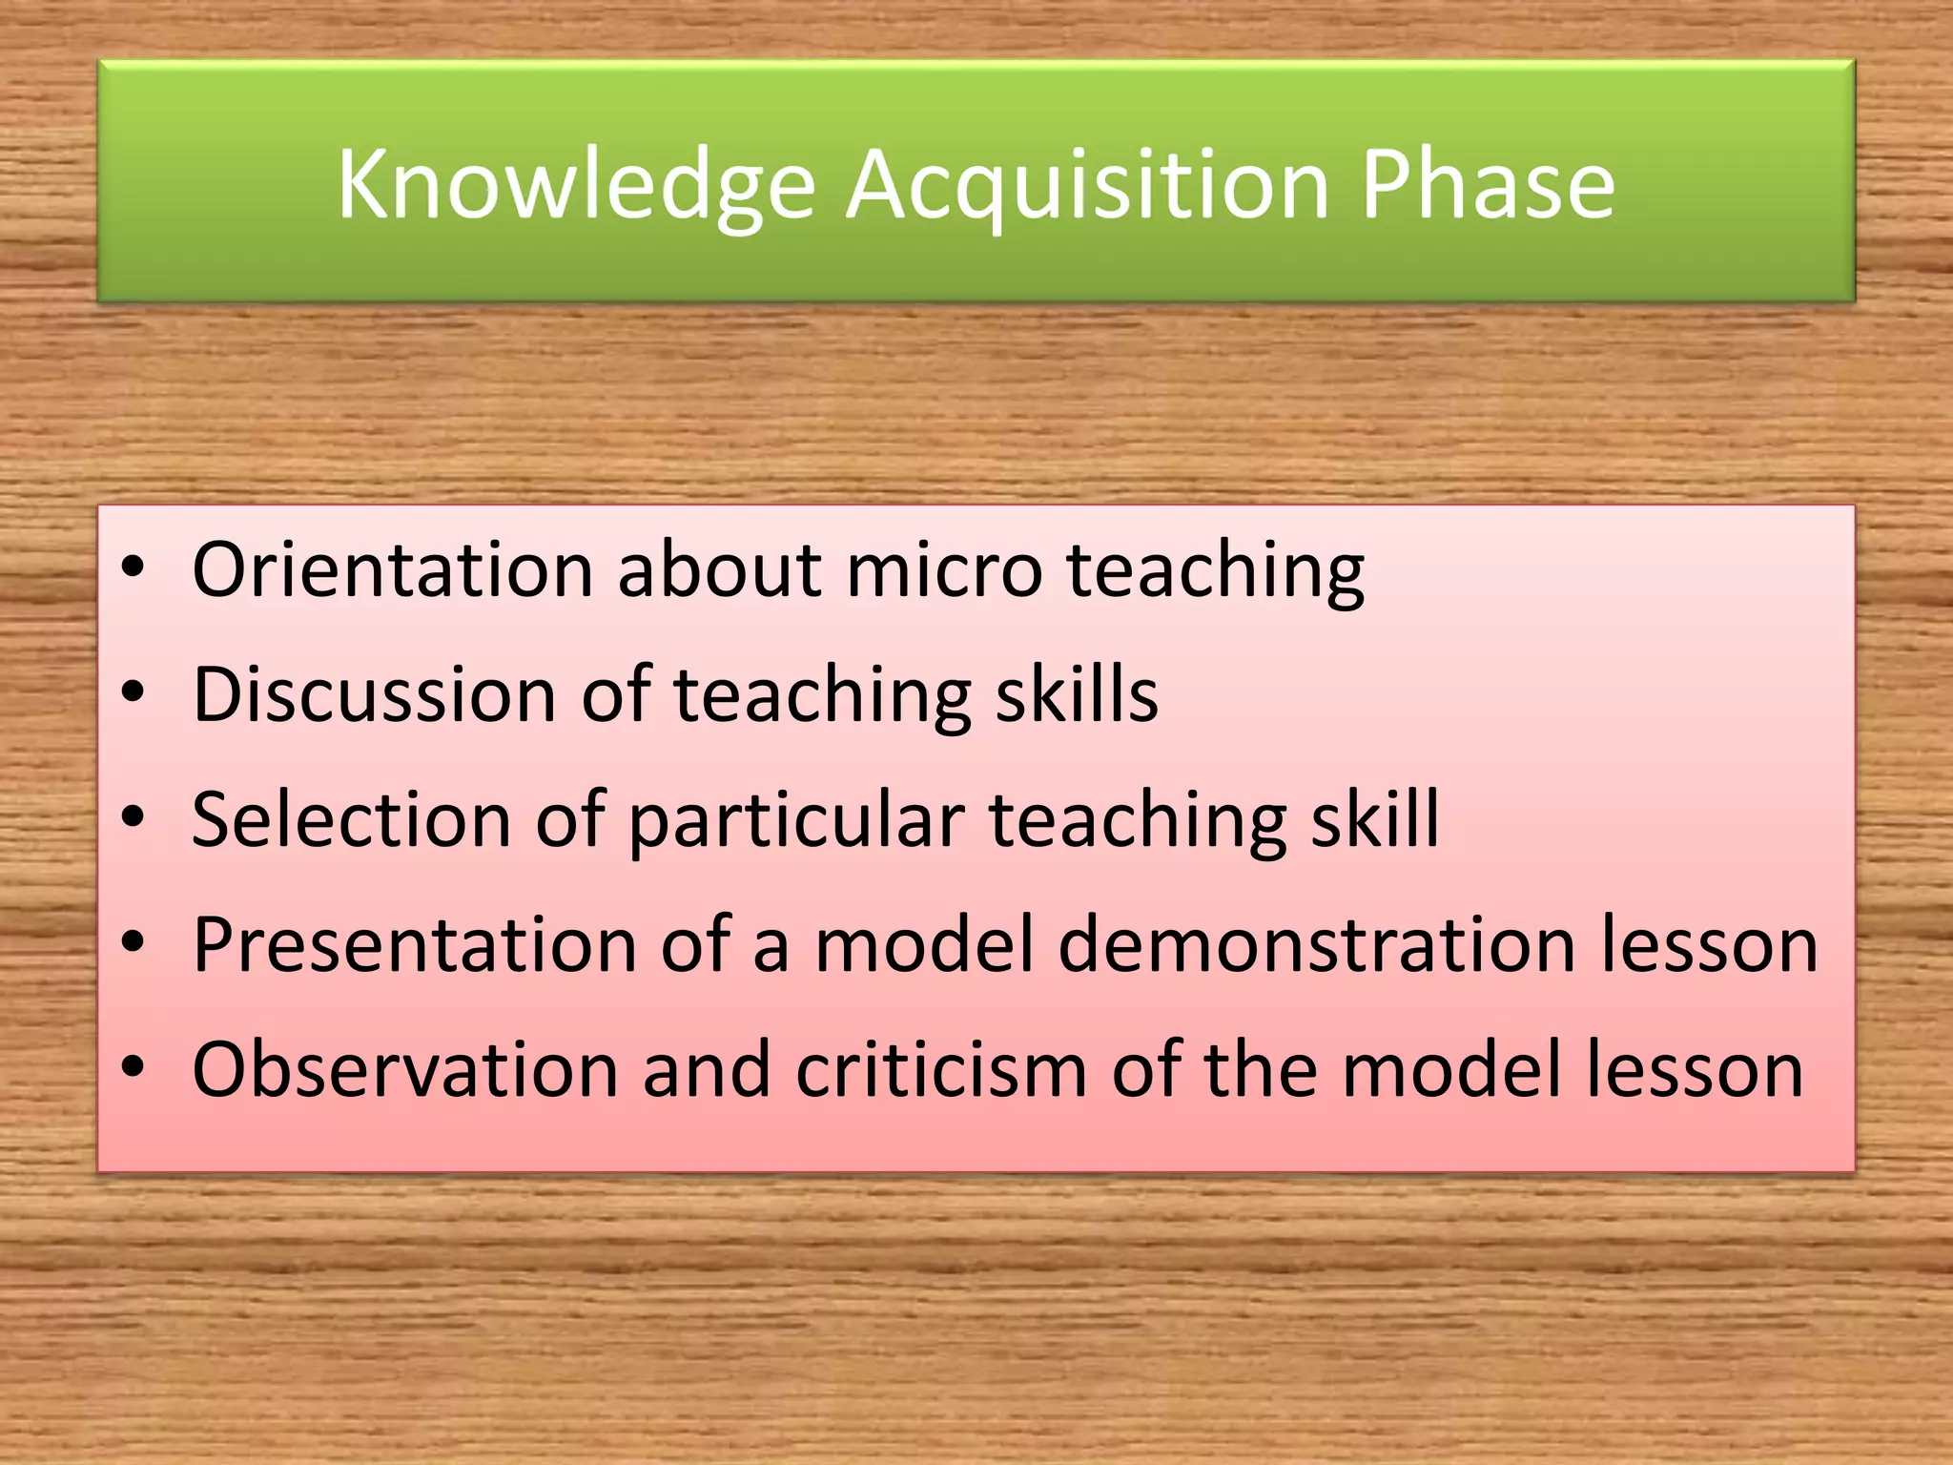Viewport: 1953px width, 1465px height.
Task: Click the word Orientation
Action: [393, 569]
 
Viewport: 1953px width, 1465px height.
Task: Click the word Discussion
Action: [374, 694]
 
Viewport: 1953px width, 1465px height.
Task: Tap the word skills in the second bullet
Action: [1077, 694]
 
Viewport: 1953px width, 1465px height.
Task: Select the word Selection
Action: [351, 819]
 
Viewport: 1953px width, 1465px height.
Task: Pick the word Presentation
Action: [414, 944]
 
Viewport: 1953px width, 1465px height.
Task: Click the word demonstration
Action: [1317, 944]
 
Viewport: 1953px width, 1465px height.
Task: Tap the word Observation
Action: [404, 1069]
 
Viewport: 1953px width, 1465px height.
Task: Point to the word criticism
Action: [941, 1069]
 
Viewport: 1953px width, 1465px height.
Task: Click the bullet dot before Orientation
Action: [133, 569]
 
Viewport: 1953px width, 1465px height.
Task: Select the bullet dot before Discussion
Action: [133, 692]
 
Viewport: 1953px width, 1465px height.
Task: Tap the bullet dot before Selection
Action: [133, 817]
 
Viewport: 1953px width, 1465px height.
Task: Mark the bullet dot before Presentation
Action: [133, 942]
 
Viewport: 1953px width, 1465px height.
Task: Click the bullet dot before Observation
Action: [133, 1067]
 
